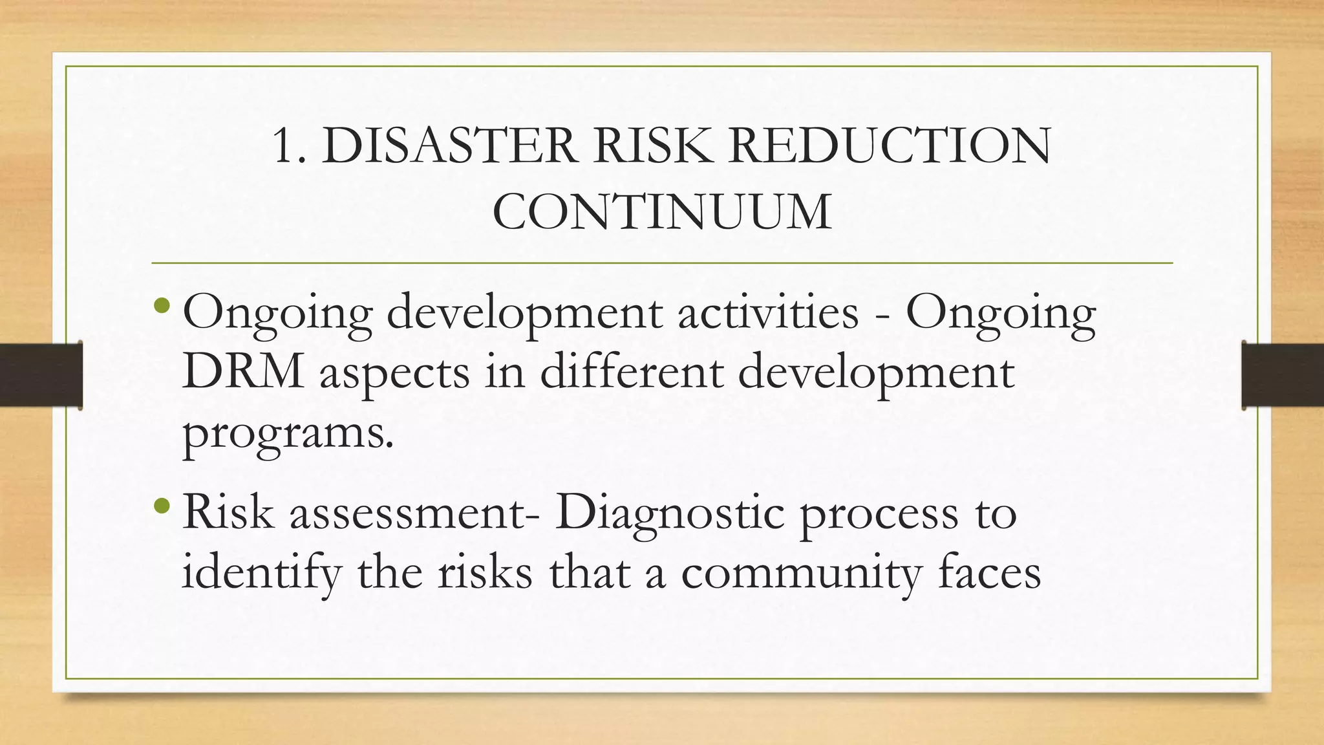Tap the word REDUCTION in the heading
point(890,146)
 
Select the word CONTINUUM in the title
point(661,211)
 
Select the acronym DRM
point(243,372)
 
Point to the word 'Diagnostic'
point(670,514)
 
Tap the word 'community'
point(800,574)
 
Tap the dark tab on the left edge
point(41,375)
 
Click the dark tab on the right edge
point(1283,375)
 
